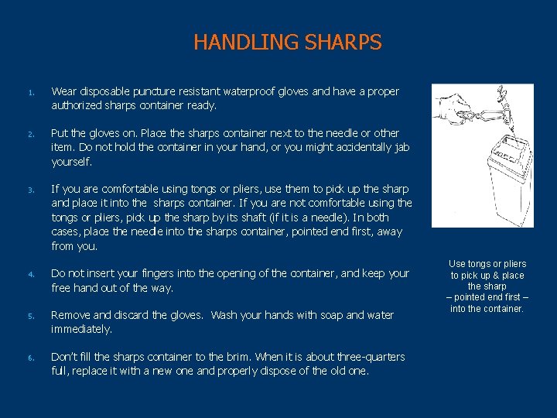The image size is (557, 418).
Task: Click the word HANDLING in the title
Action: pyautogui.click(x=236, y=42)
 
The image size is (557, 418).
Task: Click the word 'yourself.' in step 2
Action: pyautogui.click(x=72, y=162)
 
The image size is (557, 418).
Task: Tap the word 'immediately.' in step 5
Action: pyautogui.click(x=81, y=329)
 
